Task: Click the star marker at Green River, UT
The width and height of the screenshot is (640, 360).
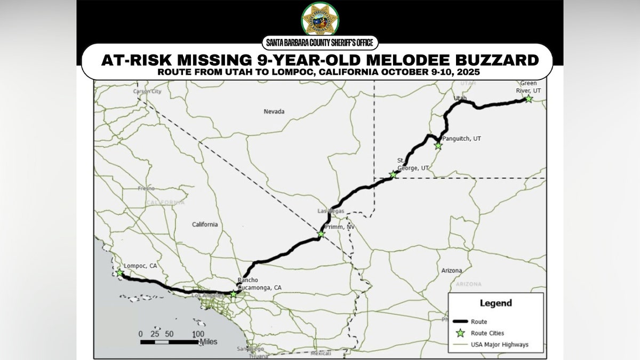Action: pyautogui.click(x=528, y=99)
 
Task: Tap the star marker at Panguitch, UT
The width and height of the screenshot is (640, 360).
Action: pyautogui.click(x=438, y=146)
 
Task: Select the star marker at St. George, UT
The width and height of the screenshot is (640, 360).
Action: pyautogui.click(x=394, y=174)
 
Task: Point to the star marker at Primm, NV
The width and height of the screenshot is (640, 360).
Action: pyautogui.click(x=321, y=234)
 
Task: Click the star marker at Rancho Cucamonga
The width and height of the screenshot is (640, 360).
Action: pyautogui.click(x=233, y=294)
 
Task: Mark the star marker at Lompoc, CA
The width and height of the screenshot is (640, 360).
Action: pyautogui.click(x=119, y=273)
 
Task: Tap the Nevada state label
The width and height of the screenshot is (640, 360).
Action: pyautogui.click(x=274, y=111)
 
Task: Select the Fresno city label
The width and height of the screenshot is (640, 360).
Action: pyautogui.click(x=146, y=188)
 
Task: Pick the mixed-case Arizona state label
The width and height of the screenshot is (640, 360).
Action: pyautogui.click(x=451, y=270)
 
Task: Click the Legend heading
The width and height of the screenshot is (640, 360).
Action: pyautogui.click(x=495, y=303)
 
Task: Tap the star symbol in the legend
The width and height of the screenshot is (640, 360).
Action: pyautogui.click(x=460, y=333)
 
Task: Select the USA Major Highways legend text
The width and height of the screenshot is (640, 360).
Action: pyautogui.click(x=499, y=345)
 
